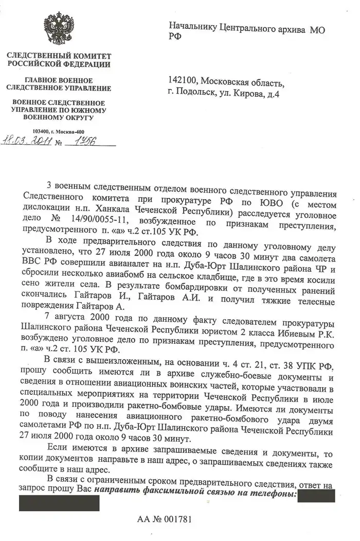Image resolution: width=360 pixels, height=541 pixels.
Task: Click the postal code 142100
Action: (182, 81)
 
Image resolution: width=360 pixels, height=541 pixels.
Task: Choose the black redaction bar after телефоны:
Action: (317, 495)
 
